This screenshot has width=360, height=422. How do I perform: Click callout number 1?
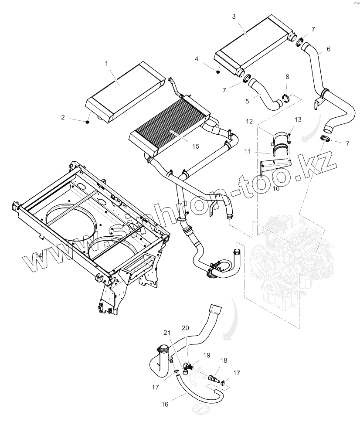pos(106,64)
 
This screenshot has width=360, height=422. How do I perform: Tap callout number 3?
pos(234,17)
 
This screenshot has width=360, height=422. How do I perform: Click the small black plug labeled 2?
pos(87,123)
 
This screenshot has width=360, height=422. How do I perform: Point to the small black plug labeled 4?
pos(218,71)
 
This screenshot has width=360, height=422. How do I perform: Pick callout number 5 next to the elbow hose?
pos(247,101)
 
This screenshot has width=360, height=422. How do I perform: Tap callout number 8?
pos(286,77)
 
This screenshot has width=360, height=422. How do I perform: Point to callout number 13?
pos(298,119)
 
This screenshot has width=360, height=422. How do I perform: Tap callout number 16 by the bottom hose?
pos(165,404)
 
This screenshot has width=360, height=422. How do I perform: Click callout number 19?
pos(206,355)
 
